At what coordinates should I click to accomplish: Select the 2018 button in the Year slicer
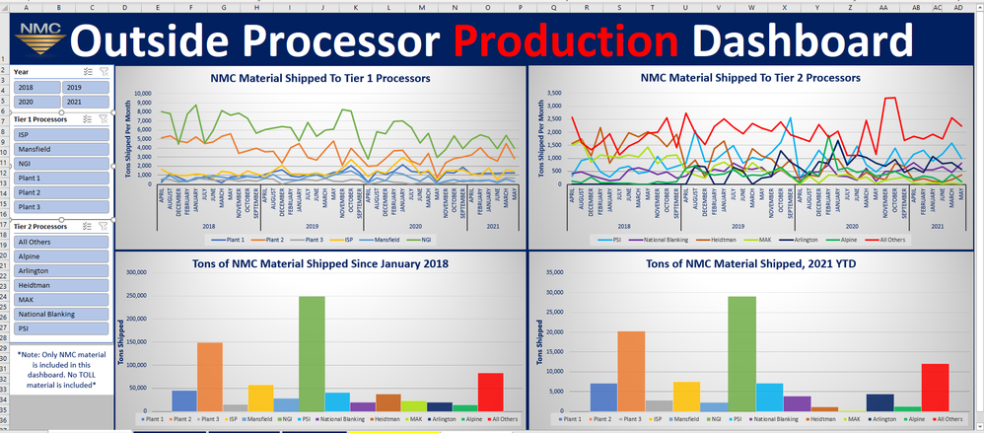click(35, 87)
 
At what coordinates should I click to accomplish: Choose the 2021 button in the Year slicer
click(84, 102)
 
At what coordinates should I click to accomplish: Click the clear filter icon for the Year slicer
click(104, 72)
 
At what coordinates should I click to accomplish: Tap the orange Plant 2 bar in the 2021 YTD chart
click(630, 371)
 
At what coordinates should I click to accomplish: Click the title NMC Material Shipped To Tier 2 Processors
click(750, 77)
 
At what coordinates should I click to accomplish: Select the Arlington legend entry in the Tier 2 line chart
click(806, 239)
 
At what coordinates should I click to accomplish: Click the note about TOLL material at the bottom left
click(56, 370)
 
